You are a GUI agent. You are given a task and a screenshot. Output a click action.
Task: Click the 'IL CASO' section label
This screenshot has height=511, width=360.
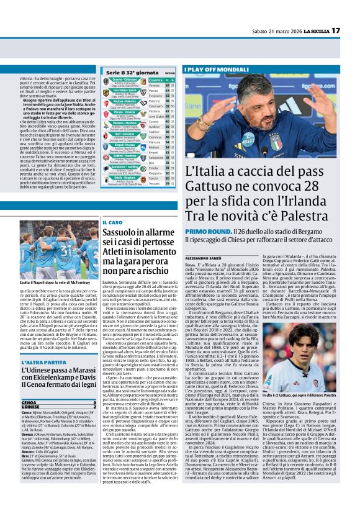[x=112, y=222]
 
